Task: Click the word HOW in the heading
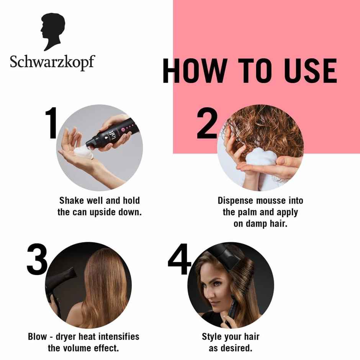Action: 194,71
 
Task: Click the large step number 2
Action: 207,123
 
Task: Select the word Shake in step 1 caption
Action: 71,200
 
